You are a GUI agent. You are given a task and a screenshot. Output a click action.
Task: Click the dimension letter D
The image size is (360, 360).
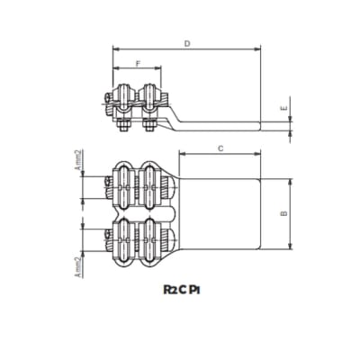pyautogui.click(x=187, y=44)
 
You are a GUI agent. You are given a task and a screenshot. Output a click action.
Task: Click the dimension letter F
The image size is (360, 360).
pyautogui.click(x=138, y=64)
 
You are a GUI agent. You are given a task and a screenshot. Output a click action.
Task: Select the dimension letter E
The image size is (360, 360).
pyautogui.click(x=284, y=108)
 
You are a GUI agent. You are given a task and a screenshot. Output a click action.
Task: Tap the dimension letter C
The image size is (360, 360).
pyautogui.click(x=220, y=148)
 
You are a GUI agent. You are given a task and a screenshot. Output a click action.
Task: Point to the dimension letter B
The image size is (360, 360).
pyautogui.click(x=284, y=213)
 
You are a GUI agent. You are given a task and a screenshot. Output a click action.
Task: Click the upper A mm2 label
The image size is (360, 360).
pyautogui.click(x=78, y=160)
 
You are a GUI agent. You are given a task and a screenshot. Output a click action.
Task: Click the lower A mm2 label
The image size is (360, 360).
pyautogui.click(x=78, y=267)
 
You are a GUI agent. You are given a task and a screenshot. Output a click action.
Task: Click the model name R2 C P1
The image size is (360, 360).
pyautogui.click(x=182, y=290)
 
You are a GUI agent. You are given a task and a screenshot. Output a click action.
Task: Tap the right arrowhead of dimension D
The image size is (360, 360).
pyautogui.click(x=257, y=49)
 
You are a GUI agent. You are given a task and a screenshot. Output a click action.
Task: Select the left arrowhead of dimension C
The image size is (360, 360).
pyautogui.click(x=183, y=154)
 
